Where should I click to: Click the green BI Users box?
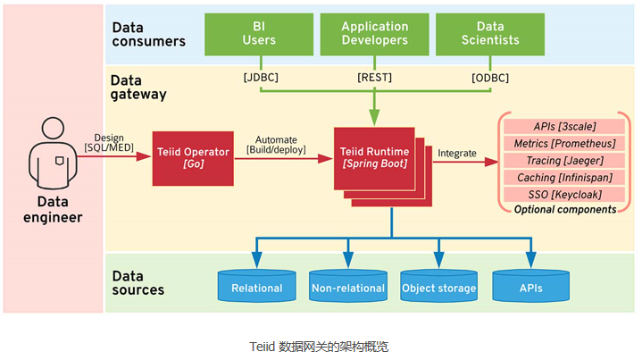tap(260, 34)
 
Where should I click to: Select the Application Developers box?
tap(375, 34)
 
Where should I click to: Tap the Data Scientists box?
tap(490, 34)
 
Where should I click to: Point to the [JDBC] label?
tap(261, 78)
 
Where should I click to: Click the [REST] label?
tap(375, 78)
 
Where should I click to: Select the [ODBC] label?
tap(490, 78)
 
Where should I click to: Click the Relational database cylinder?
tap(256, 286)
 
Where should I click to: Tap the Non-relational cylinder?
tap(348, 286)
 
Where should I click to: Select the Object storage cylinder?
tap(439, 286)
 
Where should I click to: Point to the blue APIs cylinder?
tap(531, 286)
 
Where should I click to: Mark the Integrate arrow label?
tap(456, 154)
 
